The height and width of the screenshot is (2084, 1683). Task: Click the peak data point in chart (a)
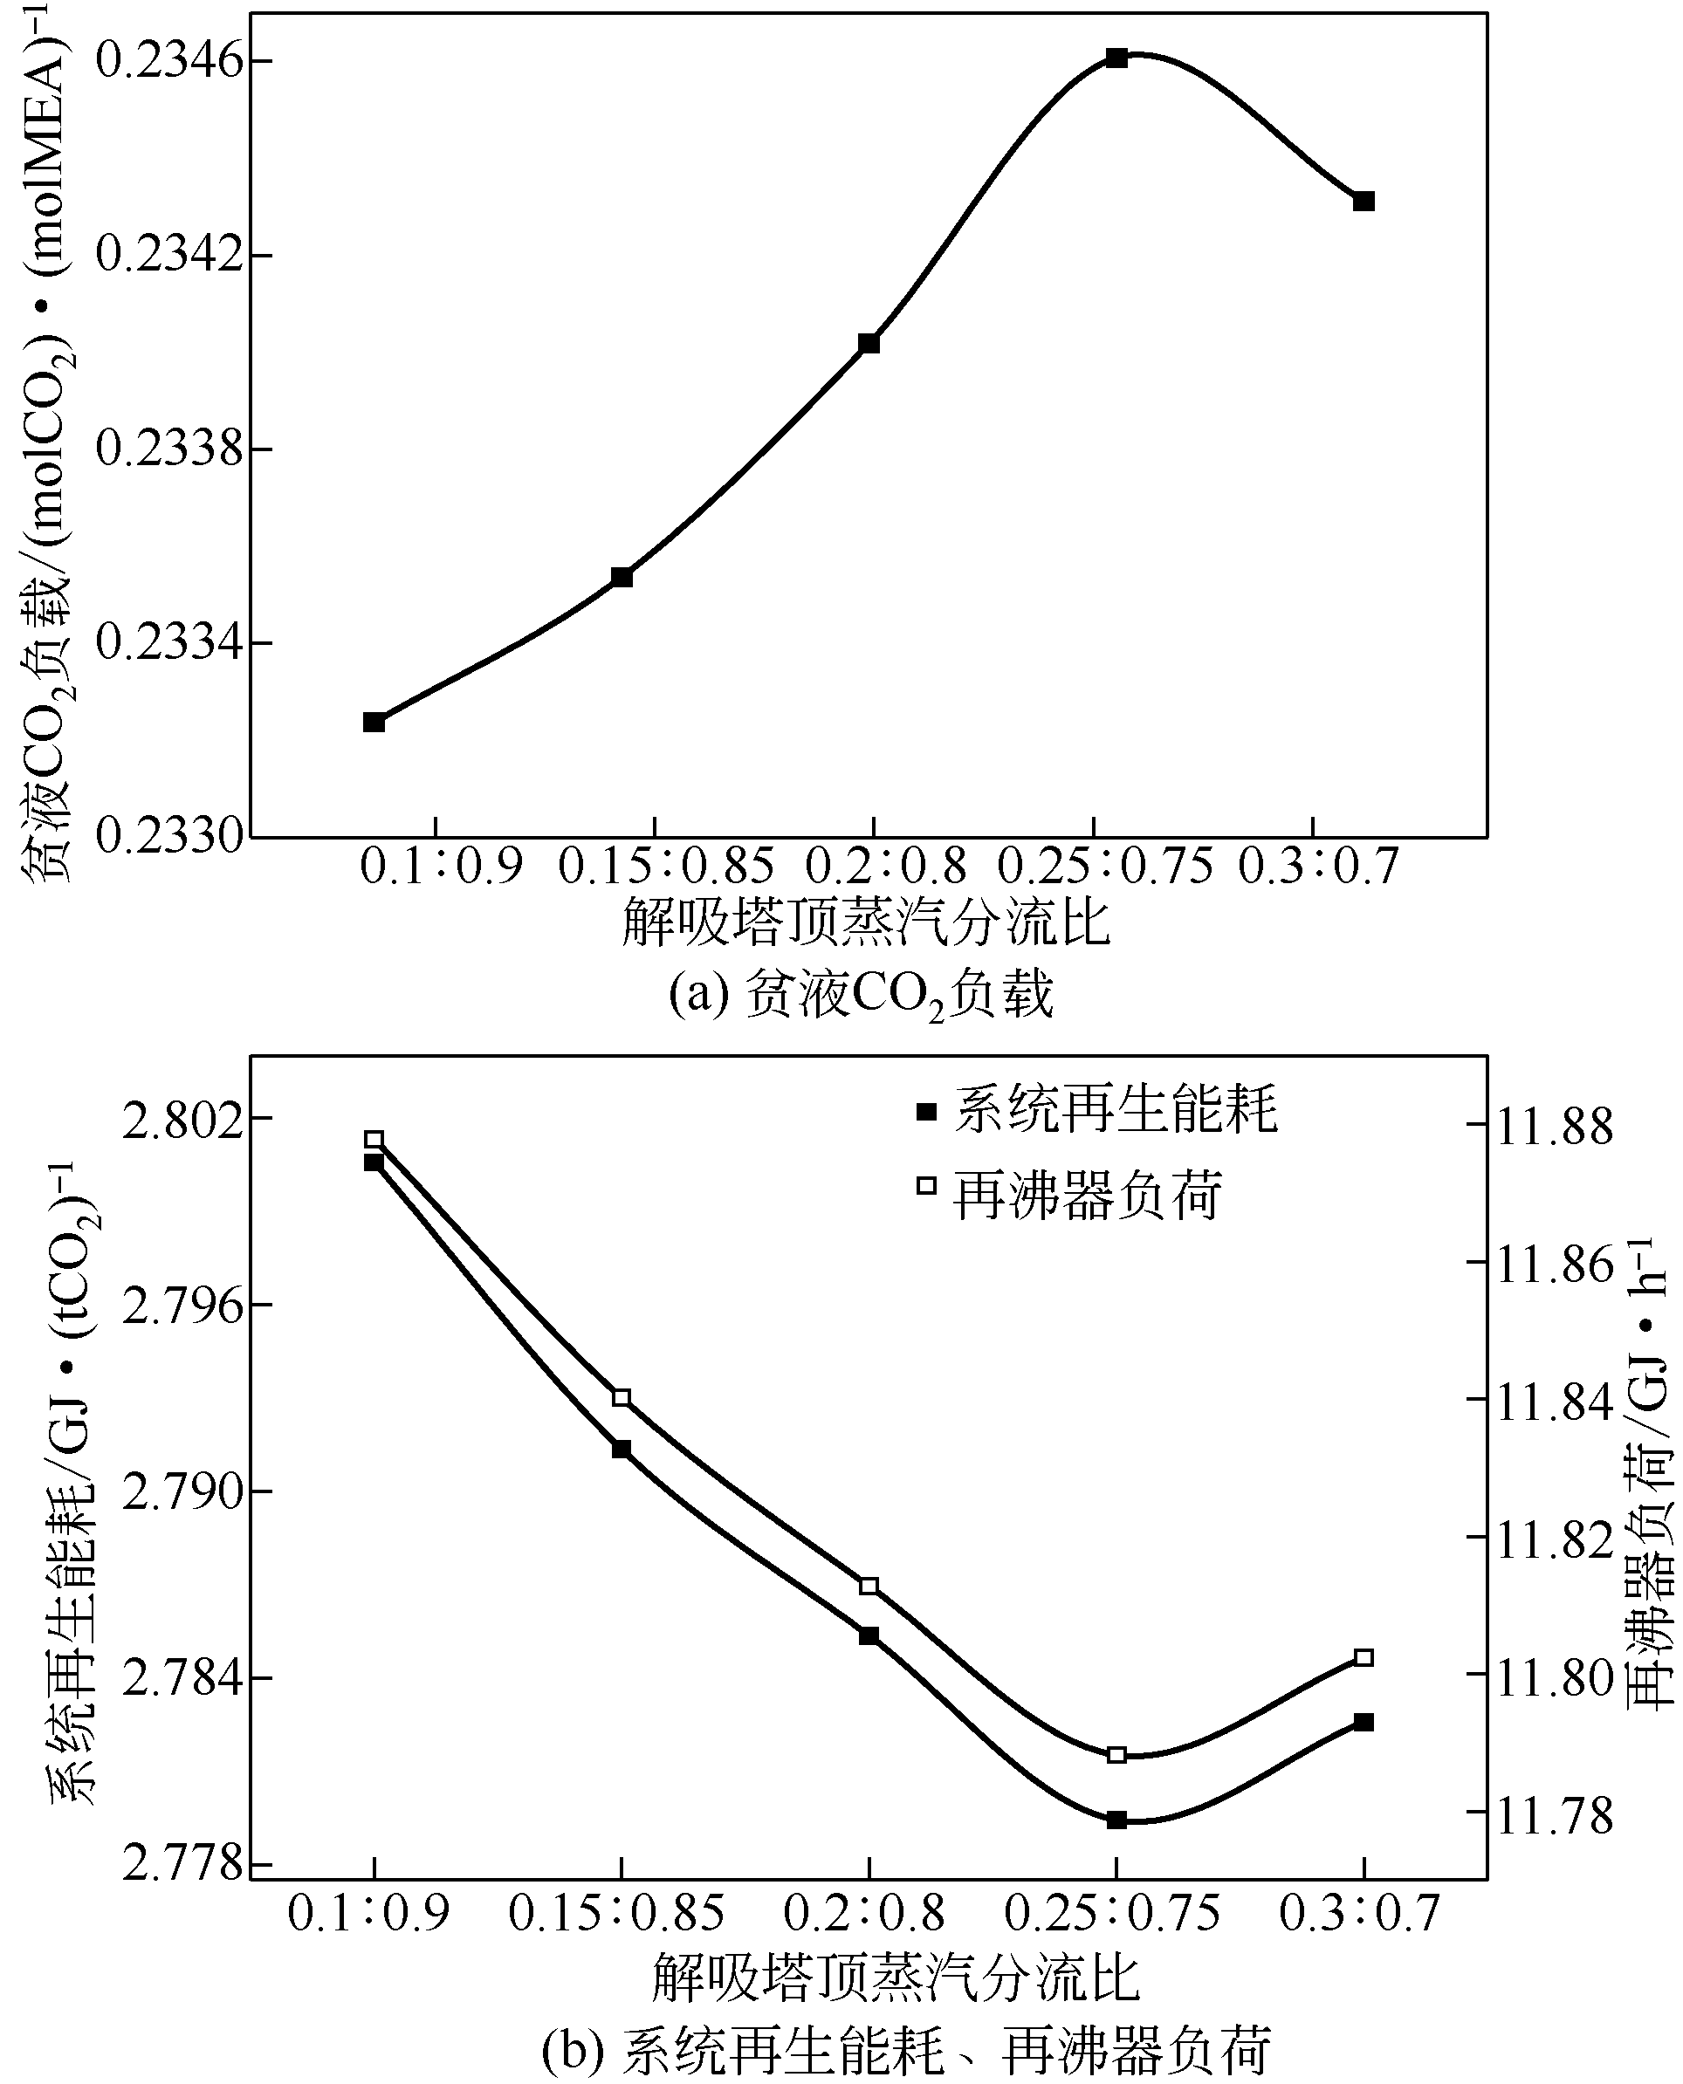tap(1116, 58)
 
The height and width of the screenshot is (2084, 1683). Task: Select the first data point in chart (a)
tap(374, 721)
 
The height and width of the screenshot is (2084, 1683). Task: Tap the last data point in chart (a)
tap(1364, 201)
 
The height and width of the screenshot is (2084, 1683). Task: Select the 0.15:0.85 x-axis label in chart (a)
tap(667, 866)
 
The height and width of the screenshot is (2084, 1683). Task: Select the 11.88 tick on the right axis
tap(1555, 1127)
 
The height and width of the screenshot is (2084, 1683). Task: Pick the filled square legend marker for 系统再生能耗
tap(927, 1111)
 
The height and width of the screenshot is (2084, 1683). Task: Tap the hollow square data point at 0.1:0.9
tap(374, 1139)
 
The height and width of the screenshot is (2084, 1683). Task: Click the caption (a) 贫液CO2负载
tap(860, 996)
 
